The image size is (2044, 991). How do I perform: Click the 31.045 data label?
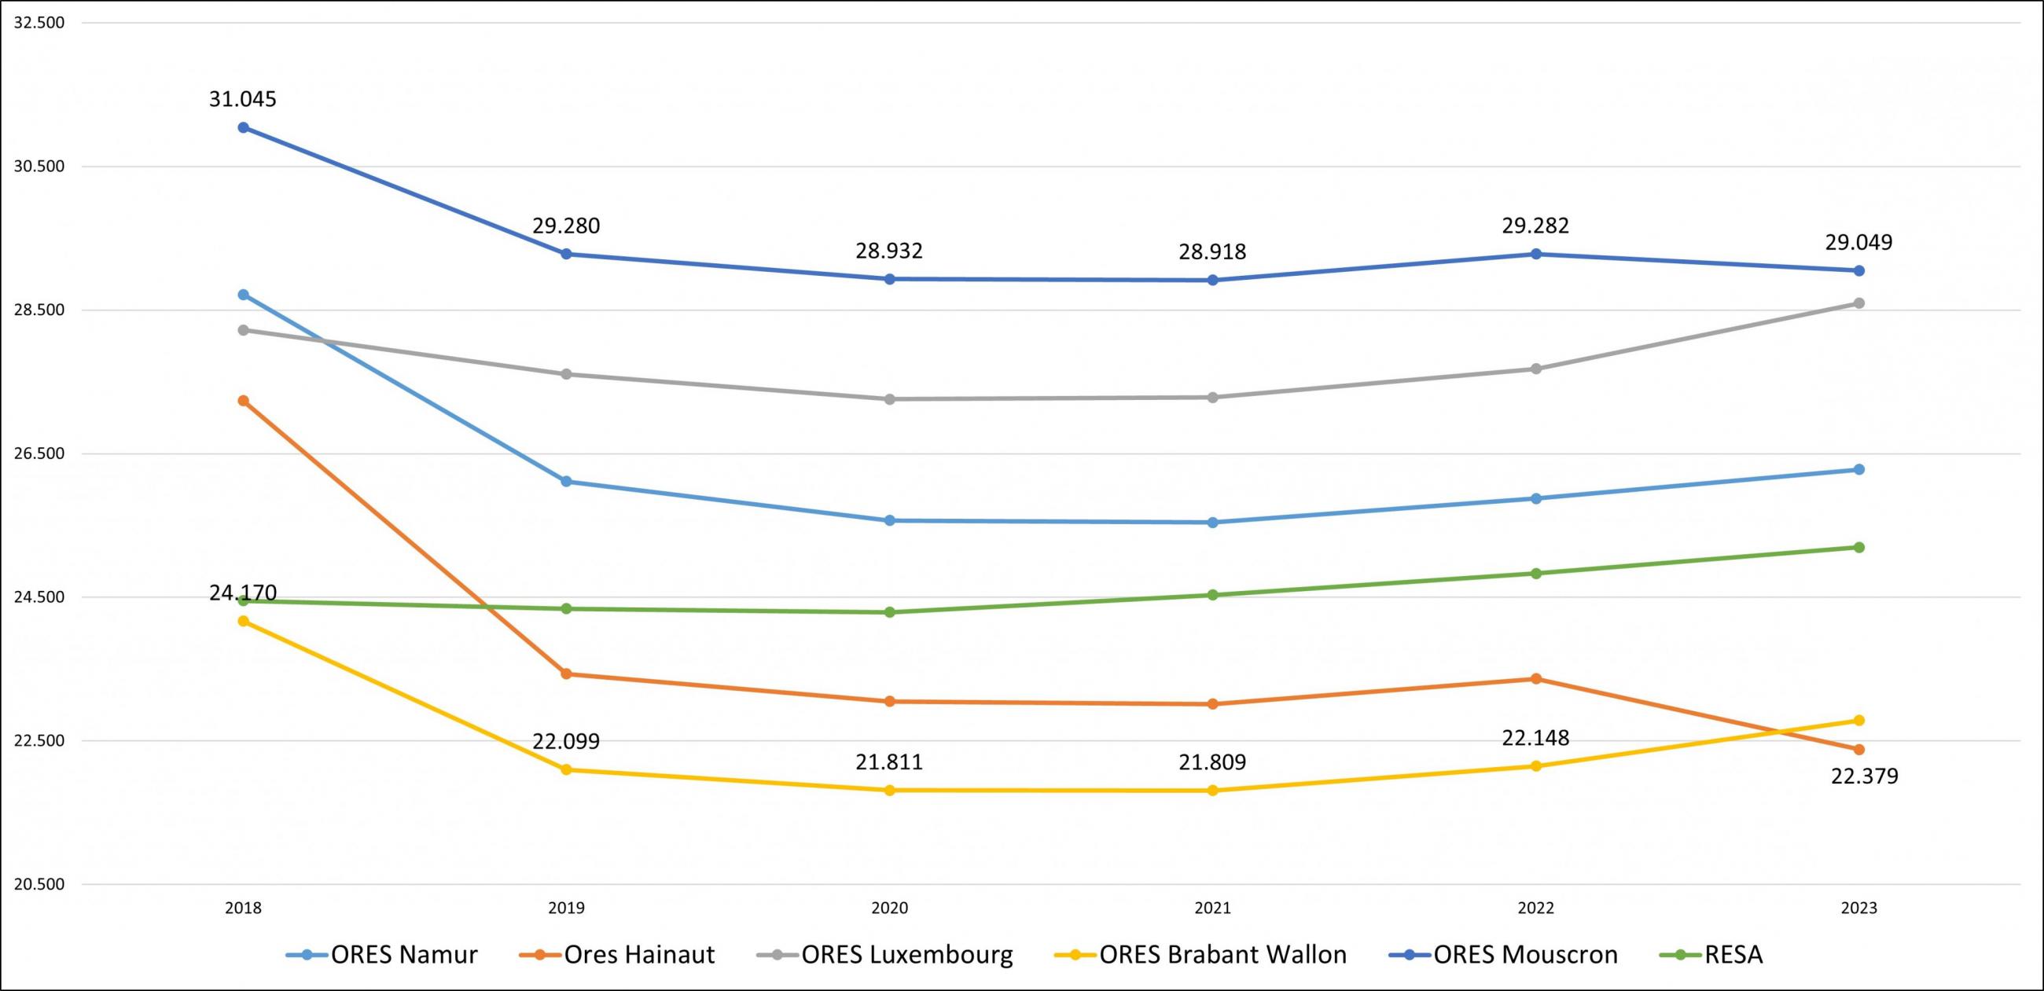click(x=243, y=100)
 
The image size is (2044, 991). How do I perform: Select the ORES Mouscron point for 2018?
click(x=244, y=128)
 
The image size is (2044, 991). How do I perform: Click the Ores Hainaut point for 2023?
click(x=1858, y=750)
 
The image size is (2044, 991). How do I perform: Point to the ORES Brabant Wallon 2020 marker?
click(x=889, y=791)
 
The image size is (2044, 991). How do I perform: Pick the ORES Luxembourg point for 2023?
click(x=1858, y=303)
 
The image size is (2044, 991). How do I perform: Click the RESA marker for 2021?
click(x=1212, y=595)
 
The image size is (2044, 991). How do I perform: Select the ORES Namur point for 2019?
click(x=567, y=482)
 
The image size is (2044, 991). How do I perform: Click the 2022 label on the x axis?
click(x=1535, y=908)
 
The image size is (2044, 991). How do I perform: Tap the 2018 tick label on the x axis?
click(x=243, y=908)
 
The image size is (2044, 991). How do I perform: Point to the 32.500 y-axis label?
click(x=39, y=23)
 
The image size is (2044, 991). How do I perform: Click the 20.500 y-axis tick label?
click(x=39, y=885)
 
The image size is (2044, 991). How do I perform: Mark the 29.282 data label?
click(x=1535, y=226)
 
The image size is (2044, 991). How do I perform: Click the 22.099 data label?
click(x=566, y=742)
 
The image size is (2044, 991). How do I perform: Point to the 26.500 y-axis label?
click(x=39, y=453)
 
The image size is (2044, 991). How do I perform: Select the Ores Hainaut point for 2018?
click(x=244, y=401)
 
